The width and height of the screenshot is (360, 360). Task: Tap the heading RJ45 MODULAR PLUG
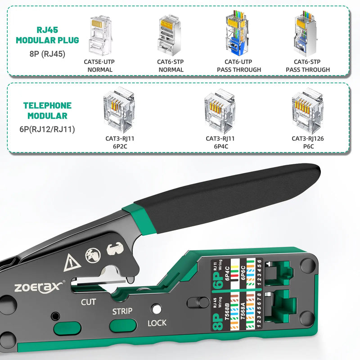tap(47, 35)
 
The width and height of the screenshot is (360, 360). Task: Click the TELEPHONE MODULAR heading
tap(47, 111)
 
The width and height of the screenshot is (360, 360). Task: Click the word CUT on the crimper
tap(88, 301)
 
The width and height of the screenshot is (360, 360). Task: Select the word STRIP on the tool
tap(122, 311)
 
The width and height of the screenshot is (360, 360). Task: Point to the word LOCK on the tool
tap(157, 323)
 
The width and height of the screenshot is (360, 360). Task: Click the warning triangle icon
tap(71, 262)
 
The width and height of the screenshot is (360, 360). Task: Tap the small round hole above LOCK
tap(156, 310)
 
